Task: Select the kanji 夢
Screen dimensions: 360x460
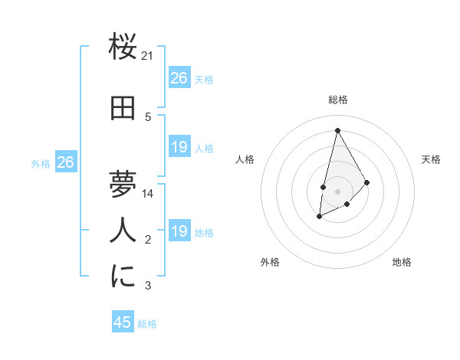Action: [123, 185]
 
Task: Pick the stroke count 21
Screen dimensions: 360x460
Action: [148, 56]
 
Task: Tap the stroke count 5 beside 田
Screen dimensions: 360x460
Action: [148, 117]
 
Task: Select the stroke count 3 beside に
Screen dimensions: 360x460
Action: [148, 286]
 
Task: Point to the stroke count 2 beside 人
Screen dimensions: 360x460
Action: [148, 240]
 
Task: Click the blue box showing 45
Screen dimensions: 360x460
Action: [123, 322]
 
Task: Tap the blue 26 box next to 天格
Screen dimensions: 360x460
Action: [179, 78]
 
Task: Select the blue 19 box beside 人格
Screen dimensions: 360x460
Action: [179, 147]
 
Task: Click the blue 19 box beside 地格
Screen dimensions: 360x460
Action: [179, 231]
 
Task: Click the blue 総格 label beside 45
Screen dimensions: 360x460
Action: [147, 324]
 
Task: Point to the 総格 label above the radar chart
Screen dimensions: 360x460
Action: [337, 100]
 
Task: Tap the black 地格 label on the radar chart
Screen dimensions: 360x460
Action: [402, 262]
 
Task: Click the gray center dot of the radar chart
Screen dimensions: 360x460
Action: [337, 191]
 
